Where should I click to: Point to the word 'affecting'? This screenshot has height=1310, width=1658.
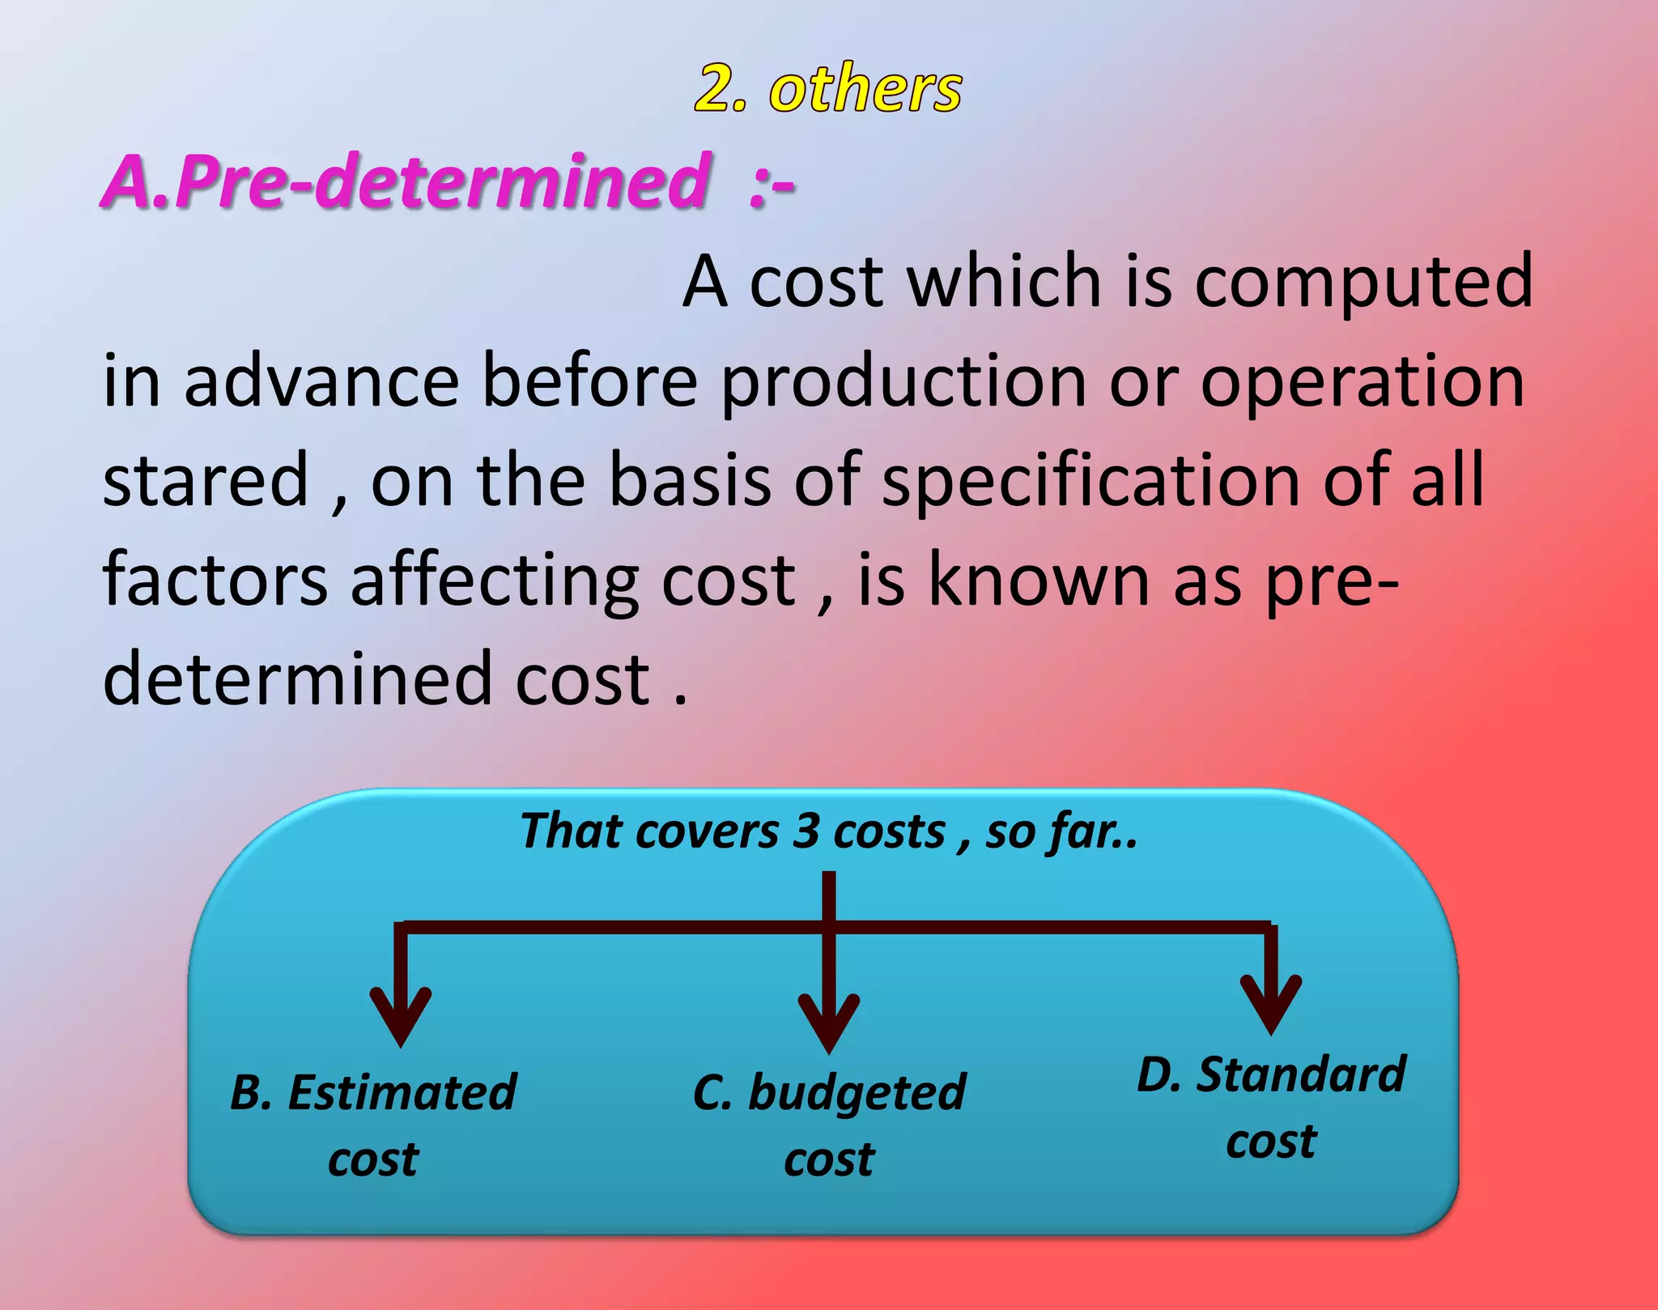coord(495,581)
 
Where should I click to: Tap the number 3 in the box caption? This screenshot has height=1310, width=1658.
coord(806,832)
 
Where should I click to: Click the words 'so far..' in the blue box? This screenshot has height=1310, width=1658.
coord(1061,832)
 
